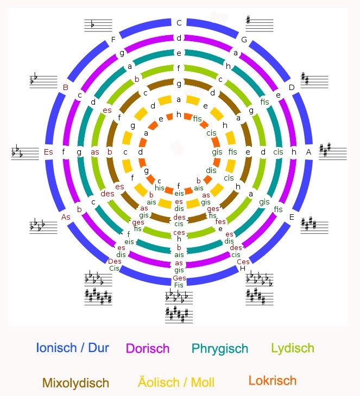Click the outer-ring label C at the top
click(x=179, y=23)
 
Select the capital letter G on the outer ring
click(x=244, y=40)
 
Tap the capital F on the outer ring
click(x=113, y=40)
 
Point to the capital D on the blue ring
click(x=292, y=87)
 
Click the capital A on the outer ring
click(x=309, y=152)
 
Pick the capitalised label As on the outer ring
click(x=66, y=217)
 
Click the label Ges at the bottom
click(x=179, y=278)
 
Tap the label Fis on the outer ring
click(x=179, y=284)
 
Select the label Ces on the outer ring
click(x=244, y=261)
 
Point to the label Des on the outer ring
click(x=115, y=261)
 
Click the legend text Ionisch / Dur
click(x=73, y=348)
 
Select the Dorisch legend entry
click(x=148, y=349)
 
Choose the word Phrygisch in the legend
click(x=220, y=349)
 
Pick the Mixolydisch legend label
click(x=76, y=383)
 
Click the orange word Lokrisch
click(x=273, y=381)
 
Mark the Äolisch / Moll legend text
click(x=173, y=383)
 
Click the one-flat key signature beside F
click(x=98, y=25)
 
